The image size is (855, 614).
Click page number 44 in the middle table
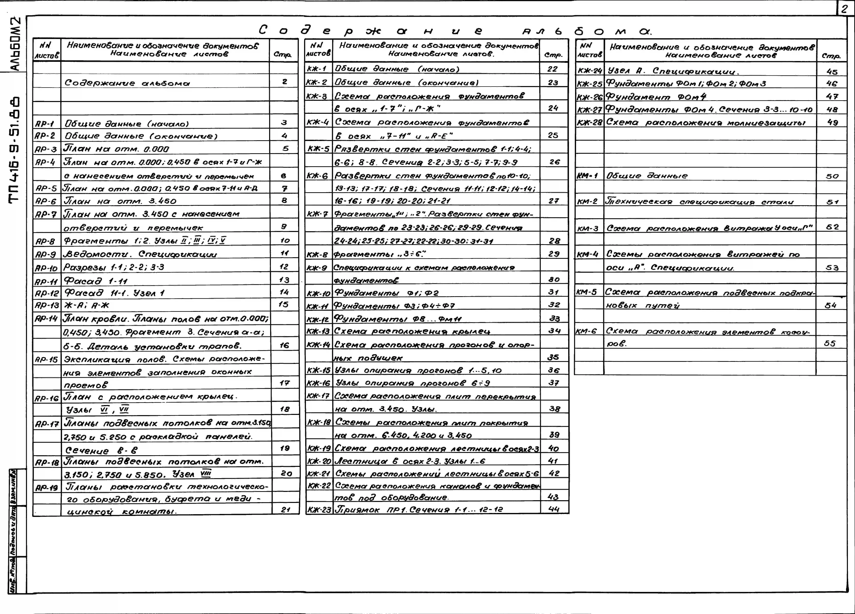coord(554,509)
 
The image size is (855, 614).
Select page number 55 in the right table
coord(830,343)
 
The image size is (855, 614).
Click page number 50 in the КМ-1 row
coord(832,176)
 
